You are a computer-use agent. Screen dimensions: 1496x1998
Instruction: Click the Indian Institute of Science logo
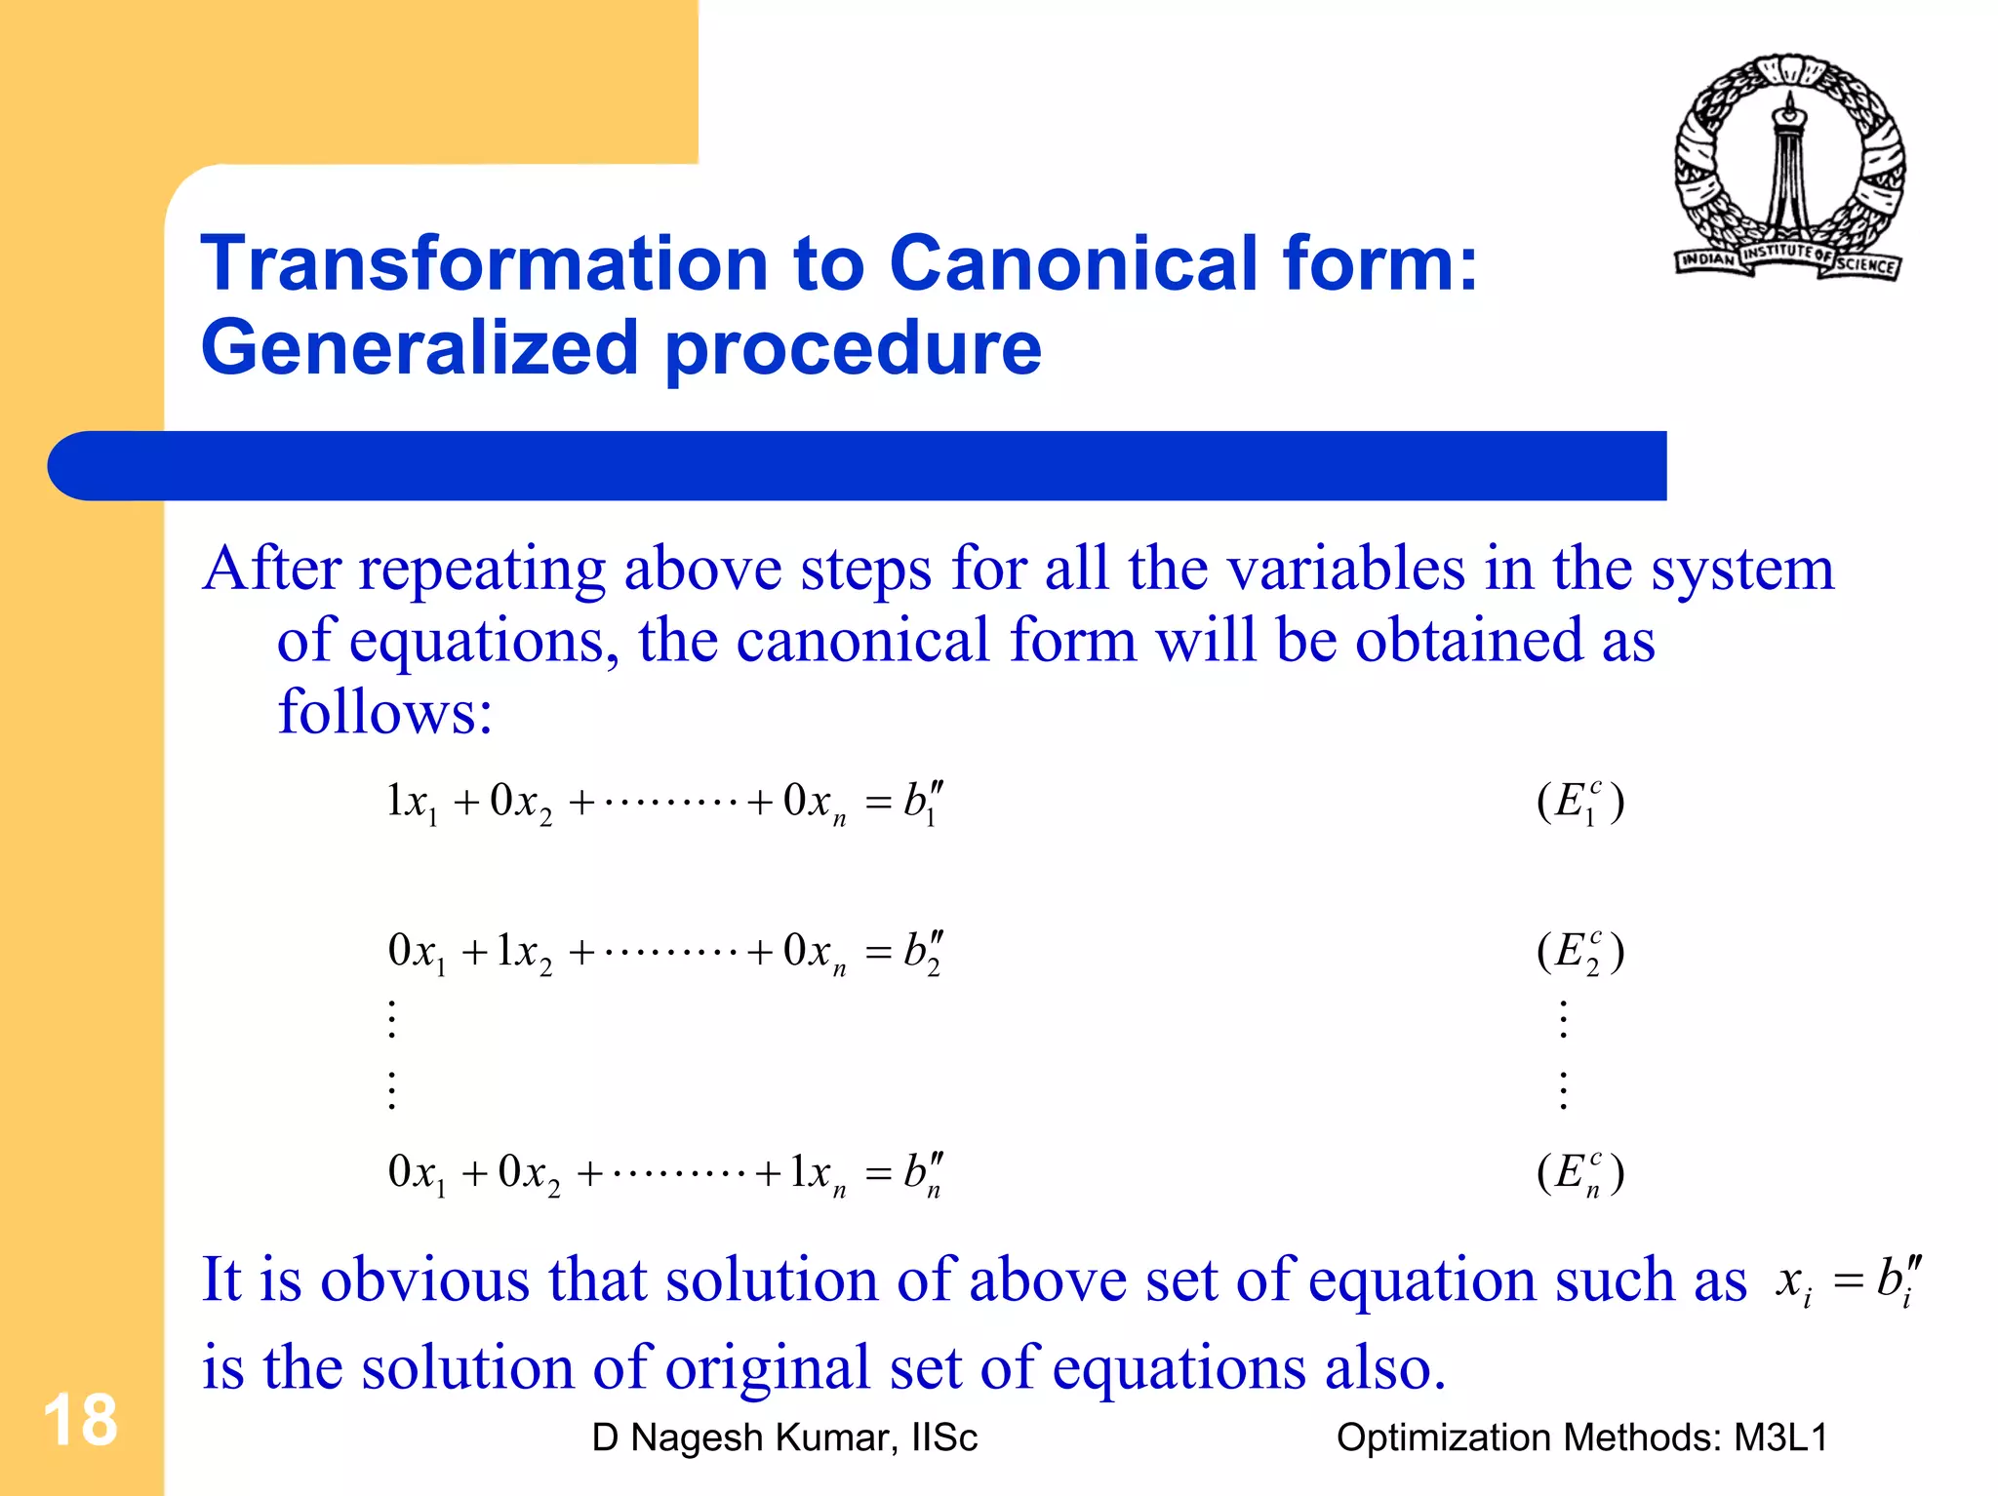point(1790,168)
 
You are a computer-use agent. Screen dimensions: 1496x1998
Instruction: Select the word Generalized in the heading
point(420,348)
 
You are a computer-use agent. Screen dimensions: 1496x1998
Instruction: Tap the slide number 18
point(80,1420)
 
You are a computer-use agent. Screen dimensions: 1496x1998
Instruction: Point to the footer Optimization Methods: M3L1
point(1580,1437)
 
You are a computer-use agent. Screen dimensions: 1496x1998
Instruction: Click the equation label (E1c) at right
point(1580,802)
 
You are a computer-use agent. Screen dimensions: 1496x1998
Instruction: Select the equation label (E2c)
point(1580,951)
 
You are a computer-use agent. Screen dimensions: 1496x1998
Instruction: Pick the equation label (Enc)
point(1580,1172)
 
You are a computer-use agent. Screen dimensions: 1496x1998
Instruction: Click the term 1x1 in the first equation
point(413,804)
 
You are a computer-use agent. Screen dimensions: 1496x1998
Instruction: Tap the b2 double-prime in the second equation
point(922,952)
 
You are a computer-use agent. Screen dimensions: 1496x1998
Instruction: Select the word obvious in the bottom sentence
point(424,1279)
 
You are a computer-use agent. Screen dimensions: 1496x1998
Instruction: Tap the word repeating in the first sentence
point(482,570)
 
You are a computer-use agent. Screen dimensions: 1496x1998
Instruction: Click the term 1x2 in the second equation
point(523,952)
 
